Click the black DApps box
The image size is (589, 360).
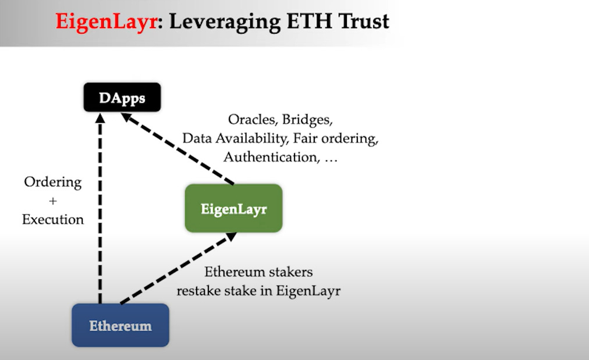pyautogui.click(x=122, y=97)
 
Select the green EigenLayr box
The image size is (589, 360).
pyautogui.click(x=233, y=208)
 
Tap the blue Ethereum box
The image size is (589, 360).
pyautogui.click(x=120, y=325)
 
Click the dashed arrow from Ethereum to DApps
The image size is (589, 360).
pyautogui.click(x=100, y=209)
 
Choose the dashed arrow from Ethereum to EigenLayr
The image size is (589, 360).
pyautogui.click(x=178, y=268)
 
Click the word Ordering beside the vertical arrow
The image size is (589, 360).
pyautogui.click(x=52, y=182)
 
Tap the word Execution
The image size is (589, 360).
pyautogui.click(x=53, y=220)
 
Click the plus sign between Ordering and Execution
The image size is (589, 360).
pyautogui.click(x=53, y=201)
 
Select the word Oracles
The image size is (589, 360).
pyautogui.click(x=253, y=120)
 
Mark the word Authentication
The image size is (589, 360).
pyautogui.click(x=269, y=157)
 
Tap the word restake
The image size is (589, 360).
pyautogui.click(x=200, y=290)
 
